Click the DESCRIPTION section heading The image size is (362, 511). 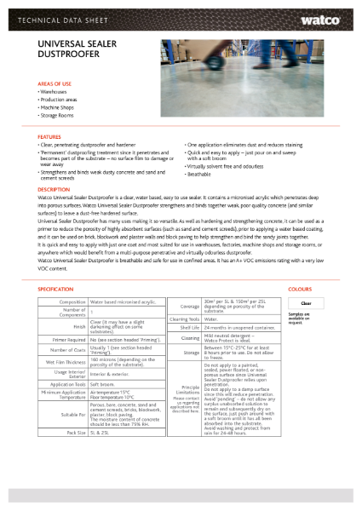point(54,189)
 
